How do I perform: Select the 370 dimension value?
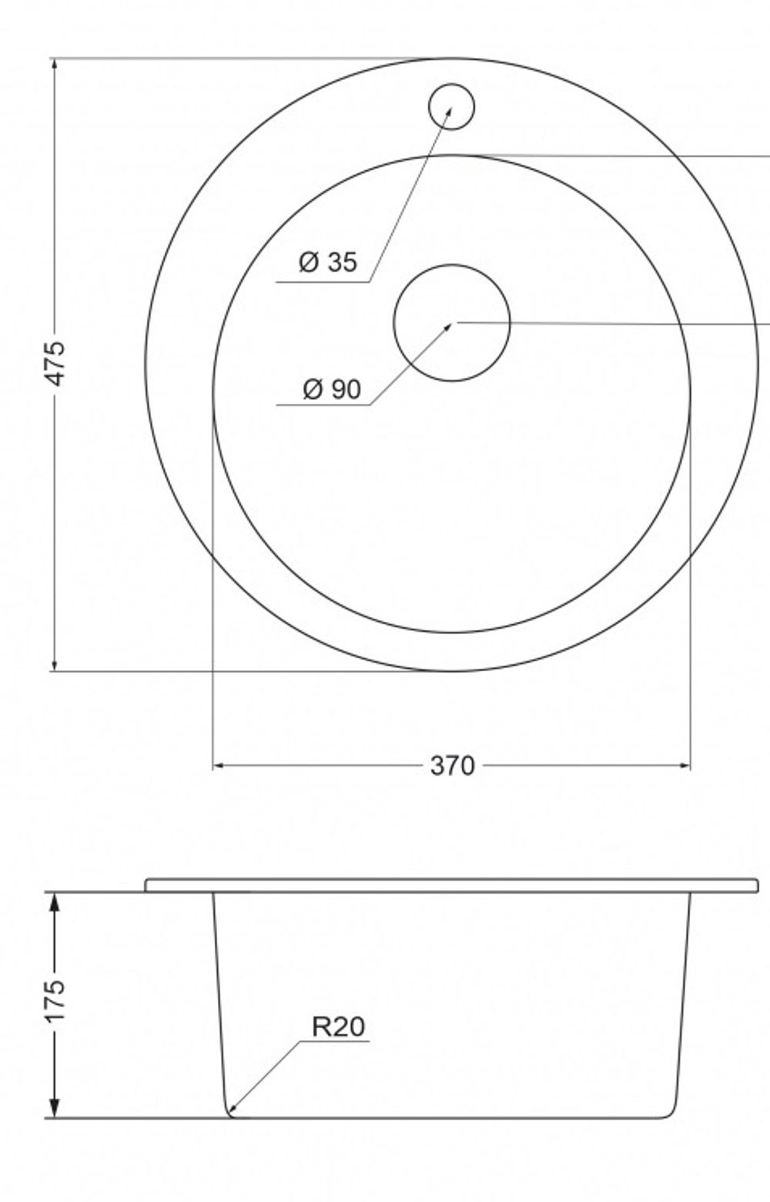tap(452, 766)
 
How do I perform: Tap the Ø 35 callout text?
tap(328, 262)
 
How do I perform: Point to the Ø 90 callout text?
tap(332, 389)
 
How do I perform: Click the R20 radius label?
tap(338, 1027)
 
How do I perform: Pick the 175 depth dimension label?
tap(55, 1002)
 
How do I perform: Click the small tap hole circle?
tap(451, 106)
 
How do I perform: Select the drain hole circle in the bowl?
tap(452, 322)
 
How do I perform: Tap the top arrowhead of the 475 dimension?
tap(55, 64)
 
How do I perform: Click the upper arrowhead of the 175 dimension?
tap(55, 900)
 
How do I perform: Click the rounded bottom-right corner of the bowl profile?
tap(673, 1111)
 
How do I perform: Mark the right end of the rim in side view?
tap(756, 885)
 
